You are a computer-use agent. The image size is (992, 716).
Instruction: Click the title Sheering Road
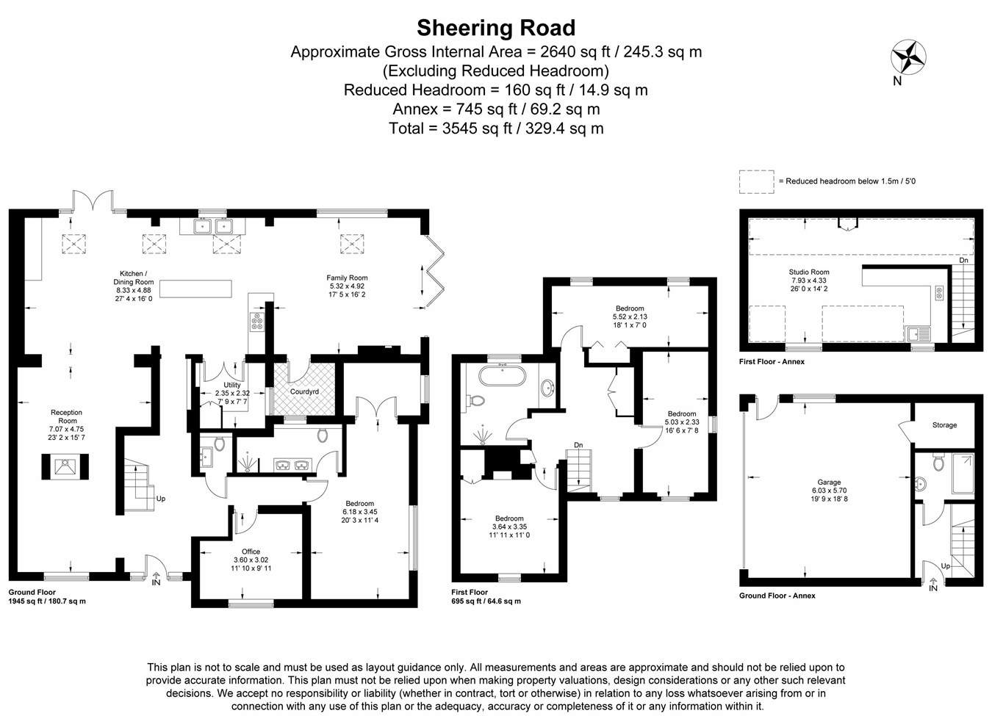coord(496,28)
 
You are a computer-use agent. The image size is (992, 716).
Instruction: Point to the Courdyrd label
coord(304,392)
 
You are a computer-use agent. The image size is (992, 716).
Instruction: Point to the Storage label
coord(944,425)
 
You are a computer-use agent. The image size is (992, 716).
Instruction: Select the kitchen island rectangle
coord(195,289)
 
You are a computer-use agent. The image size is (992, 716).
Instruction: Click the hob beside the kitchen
coord(256,322)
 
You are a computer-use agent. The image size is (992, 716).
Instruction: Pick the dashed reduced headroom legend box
coord(756,181)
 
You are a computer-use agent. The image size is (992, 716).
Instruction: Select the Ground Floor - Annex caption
coord(777,596)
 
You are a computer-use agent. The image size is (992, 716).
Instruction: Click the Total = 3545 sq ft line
coord(496,129)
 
